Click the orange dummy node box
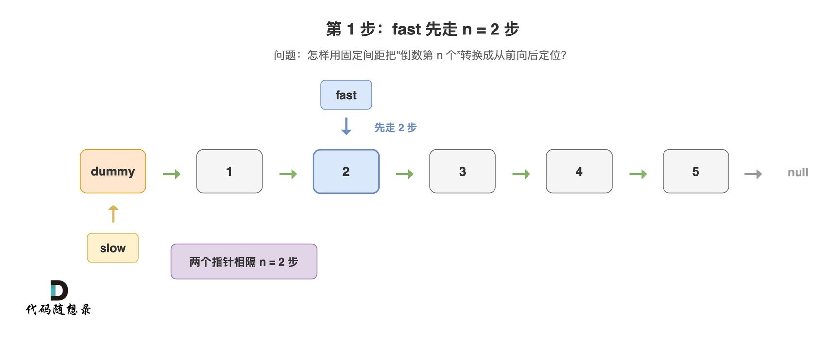pyautogui.click(x=113, y=171)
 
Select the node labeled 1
pyautogui.click(x=229, y=171)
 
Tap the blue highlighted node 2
pyautogui.click(x=346, y=171)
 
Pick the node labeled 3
pyautogui.click(x=462, y=171)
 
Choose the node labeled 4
pyautogui.click(x=579, y=171)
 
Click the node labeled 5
pyautogui.click(x=696, y=171)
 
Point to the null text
pyautogui.click(x=798, y=172)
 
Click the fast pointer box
pyautogui.click(x=346, y=95)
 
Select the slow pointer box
pyautogui.click(x=113, y=248)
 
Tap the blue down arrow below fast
pyautogui.click(x=346, y=126)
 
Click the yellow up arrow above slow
pyautogui.click(x=113, y=213)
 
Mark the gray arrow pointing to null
pyautogui.click(x=753, y=174)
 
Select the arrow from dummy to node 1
pyautogui.click(x=171, y=174)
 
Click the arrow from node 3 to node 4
pyautogui.click(x=521, y=174)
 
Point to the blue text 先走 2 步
pyautogui.click(x=395, y=127)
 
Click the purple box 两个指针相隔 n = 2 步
pyautogui.click(x=244, y=261)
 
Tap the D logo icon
pyautogui.click(x=59, y=290)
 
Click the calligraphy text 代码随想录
pyautogui.click(x=58, y=309)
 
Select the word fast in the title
pyautogui.click(x=407, y=29)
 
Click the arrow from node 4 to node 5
pyautogui.click(x=638, y=174)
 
